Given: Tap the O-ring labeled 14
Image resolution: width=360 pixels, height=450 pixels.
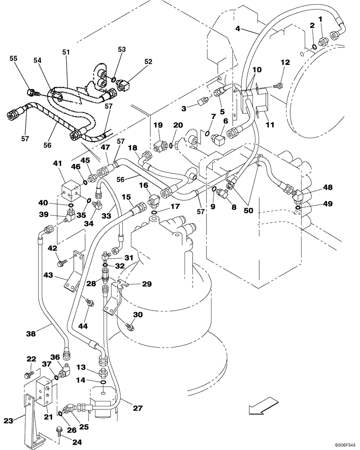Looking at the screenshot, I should [103, 383].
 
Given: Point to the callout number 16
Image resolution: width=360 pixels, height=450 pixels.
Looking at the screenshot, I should [143, 185].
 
